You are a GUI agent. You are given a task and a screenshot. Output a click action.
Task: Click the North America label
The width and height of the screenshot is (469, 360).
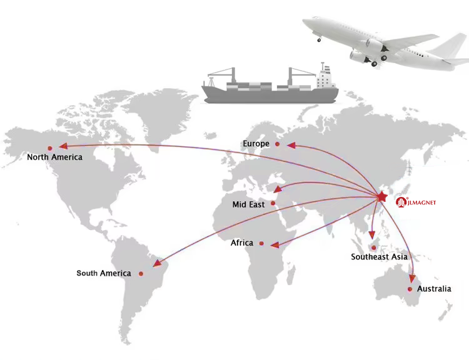tap(54, 157)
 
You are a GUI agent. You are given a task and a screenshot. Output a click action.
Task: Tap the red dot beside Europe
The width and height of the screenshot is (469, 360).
tap(278, 144)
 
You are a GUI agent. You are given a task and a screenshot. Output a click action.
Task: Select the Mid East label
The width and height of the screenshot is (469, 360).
tap(248, 204)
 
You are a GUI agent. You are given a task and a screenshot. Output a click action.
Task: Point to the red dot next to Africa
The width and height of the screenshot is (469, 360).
tap(261, 243)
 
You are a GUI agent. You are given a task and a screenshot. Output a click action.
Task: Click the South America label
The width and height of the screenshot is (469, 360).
tap(104, 273)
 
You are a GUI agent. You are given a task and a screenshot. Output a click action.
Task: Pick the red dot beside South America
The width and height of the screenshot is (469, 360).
tap(141, 273)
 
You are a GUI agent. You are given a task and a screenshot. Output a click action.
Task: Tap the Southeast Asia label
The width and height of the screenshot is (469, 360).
tap(379, 257)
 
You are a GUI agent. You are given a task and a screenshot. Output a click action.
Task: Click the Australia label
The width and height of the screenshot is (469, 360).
tap(434, 289)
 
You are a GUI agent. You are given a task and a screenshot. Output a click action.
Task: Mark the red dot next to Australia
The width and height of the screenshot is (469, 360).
tap(410, 289)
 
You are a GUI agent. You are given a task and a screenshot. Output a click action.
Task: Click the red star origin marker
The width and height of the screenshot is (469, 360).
tap(381, 197)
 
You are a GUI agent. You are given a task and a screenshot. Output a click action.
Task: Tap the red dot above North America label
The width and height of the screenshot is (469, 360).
tap(50, 148)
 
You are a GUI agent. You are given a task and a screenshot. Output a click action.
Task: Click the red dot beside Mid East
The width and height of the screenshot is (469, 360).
tap(273, 203)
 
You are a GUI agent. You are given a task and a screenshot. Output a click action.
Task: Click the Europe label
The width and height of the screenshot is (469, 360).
tap(256, 144)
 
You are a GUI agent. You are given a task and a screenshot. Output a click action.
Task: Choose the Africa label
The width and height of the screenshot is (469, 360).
tap(242, 242)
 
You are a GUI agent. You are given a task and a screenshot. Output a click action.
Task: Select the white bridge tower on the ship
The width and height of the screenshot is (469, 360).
tap(324, 77)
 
